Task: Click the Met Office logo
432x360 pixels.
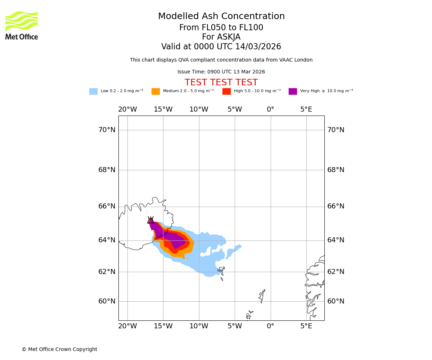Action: click(x=22, y=25)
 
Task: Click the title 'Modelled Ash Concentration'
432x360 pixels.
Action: click(x=221, y=17)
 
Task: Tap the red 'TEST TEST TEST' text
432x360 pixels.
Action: click(x=221, y=83)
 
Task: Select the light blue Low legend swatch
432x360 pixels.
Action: click(x=93, y=91)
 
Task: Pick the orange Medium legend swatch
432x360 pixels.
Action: click(x=156, y=91)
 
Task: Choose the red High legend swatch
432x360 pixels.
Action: click(x=226, y=91)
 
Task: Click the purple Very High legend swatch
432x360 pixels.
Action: click(x=293, y=91)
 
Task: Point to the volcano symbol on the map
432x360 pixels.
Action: click(x=150, y=220)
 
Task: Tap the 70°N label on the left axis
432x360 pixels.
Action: click(x=107, y=130)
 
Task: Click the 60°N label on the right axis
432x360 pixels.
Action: click(x=336, y=301)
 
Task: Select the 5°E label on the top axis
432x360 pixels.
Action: click(x=306, y=109)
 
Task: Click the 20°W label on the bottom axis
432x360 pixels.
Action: click(x=127, y=326)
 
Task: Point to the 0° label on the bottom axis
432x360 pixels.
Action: click(x=270, y=326)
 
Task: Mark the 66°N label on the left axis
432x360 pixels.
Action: click(x=107, y=206)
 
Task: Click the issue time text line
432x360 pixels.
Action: click(x=221, y=72)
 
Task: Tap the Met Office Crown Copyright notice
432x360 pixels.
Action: click(x=59, y=350)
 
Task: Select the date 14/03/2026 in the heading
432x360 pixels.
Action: click(x=258, y=47)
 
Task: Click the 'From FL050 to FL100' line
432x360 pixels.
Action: click(x=221, y=28)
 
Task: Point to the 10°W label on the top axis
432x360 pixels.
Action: click(x=199, y=109)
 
